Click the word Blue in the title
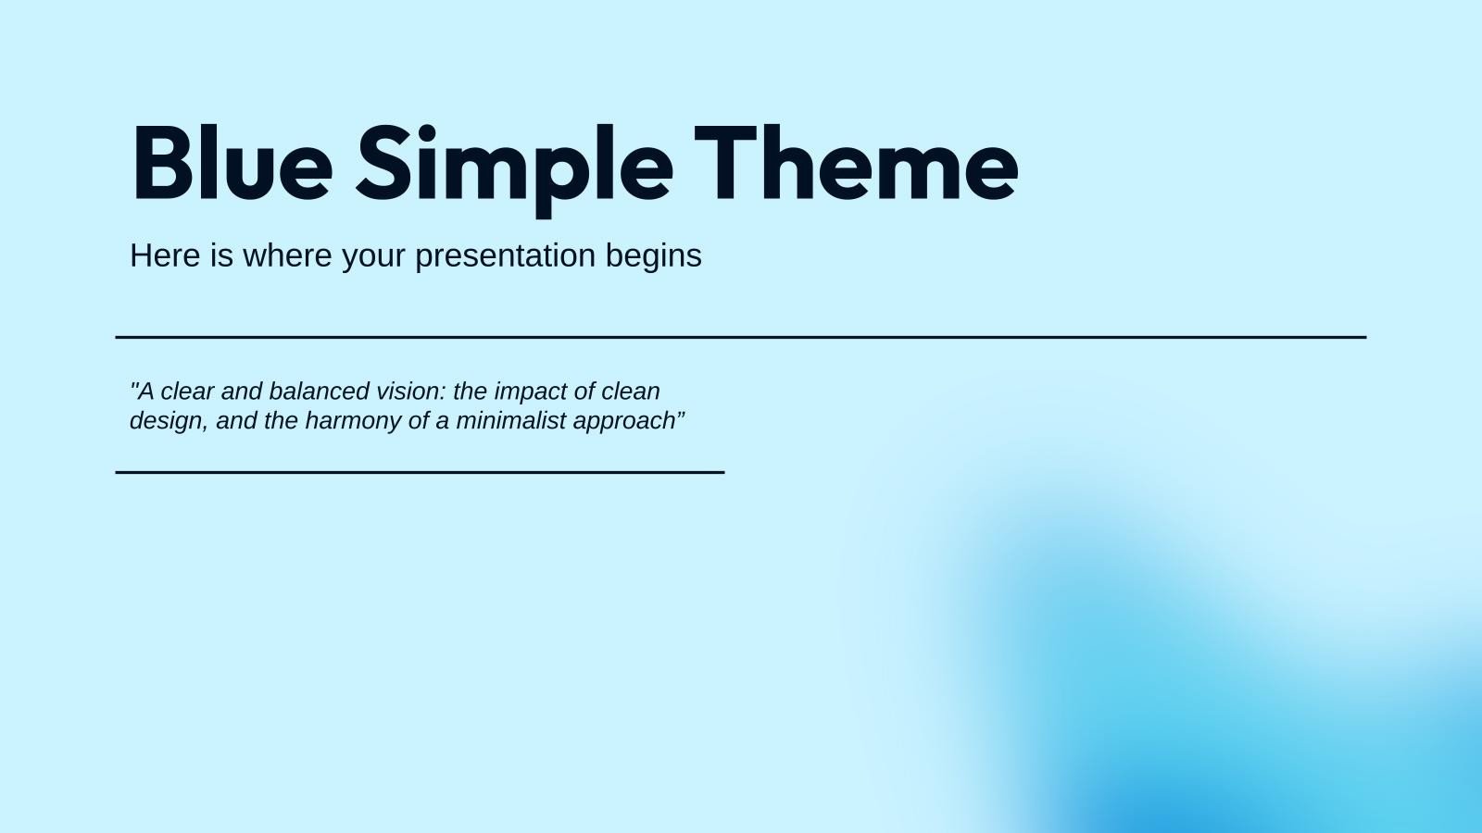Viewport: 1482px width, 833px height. [232, 164]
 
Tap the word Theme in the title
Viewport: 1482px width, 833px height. [856, 164]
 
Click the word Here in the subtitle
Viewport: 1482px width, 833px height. [166, 255]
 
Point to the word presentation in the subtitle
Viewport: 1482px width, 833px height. [505, 256]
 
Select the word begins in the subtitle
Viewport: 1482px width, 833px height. [654, 256]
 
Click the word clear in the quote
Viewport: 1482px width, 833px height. [188, 391]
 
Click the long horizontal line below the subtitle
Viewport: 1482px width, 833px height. [741, 338]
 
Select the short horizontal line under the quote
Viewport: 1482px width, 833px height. [420, 472]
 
